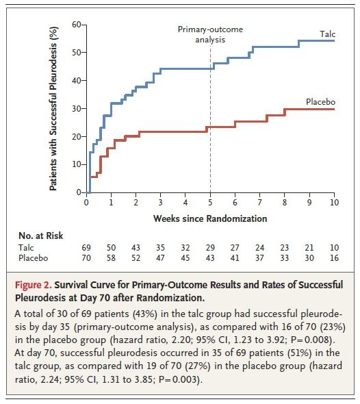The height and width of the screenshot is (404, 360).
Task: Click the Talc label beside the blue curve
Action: pyautogui.click(x=327, y=34)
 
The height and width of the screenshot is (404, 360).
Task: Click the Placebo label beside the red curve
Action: pyautogui.click(x=320, y=102)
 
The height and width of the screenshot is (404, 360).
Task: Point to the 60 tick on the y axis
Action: pyautogui.click(x=77, y=25)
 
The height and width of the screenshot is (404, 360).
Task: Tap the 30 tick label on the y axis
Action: pyautogui.click(x=77, y=108)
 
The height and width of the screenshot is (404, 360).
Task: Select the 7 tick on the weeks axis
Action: pyautogui.click(x=259, y=203)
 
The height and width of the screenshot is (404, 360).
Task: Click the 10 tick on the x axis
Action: pyautogui.click(x=334, y=203)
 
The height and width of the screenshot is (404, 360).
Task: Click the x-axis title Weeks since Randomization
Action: pyautogui.click(x=210, y=218)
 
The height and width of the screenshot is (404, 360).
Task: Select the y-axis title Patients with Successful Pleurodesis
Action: pyautogui.click(x=53, y=108)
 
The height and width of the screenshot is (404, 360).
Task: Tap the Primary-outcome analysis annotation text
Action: pyautogui.click(x=210, y=34)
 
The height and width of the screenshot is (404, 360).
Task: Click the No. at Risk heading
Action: pyautogui.click(x=40, y=236)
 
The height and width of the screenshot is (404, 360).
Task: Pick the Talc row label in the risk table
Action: pyautogui.click(x=26, y=248)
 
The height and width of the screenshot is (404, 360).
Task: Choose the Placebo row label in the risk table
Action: pyautogui.click(x=34, y=258)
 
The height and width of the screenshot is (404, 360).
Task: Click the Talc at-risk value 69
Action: pyautogui.click(x=86, y=248)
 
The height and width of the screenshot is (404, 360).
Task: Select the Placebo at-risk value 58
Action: pyautogui.click(x=111, y=258)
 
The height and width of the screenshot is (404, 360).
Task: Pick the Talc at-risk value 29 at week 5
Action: pyautogui.click(x=210, y=248)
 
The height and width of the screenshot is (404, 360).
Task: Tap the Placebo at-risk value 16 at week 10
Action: pyautogui.click(x=334, y=258)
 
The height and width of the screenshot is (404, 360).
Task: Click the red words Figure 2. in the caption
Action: pyautogui.click(x=34, y=286)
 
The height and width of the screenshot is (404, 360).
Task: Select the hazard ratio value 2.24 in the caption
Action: pyautogui.click(x=50, y=379)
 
